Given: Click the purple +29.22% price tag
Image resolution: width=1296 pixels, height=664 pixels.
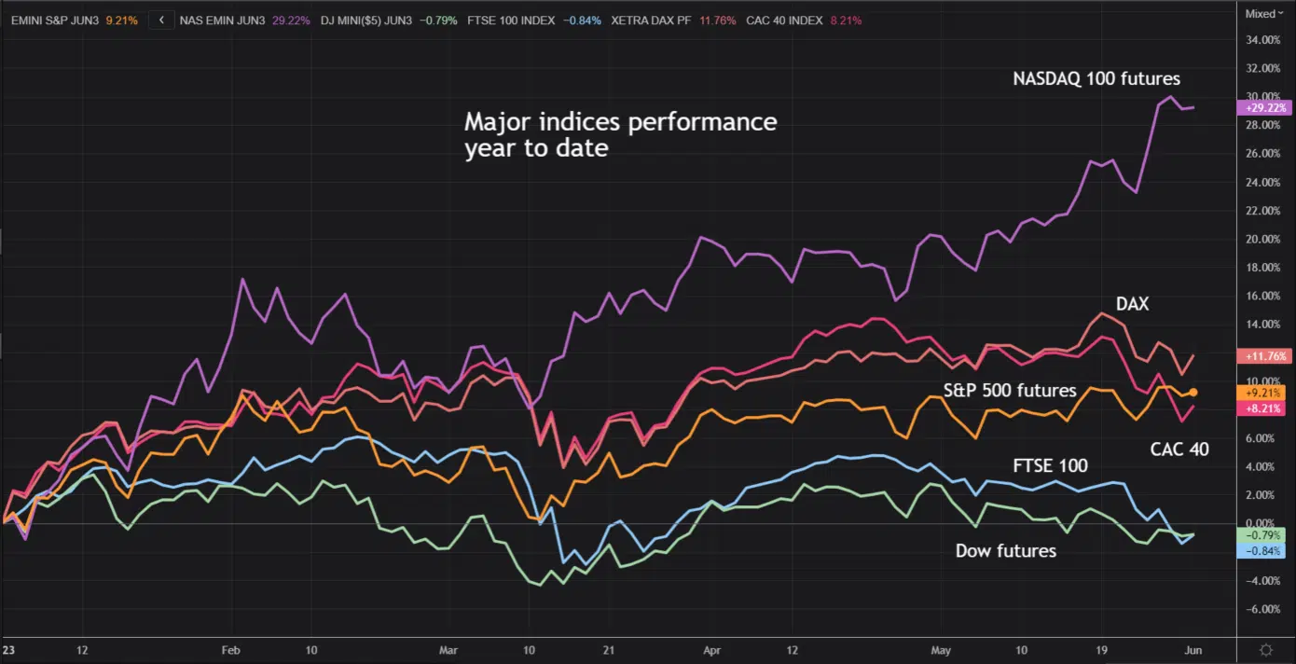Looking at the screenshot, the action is [x=1264, y=107].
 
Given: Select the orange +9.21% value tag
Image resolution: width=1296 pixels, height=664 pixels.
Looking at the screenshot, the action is [x=1261, y=393].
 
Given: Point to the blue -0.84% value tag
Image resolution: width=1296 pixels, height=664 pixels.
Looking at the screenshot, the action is [x=1261, y=551].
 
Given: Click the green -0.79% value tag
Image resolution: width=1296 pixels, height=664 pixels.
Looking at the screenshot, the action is [x=1261, y=535].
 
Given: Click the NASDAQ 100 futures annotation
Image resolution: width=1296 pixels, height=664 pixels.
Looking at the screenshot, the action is [x=1096, y=78].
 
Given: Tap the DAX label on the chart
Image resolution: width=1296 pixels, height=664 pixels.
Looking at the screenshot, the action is [x=1132, y=304].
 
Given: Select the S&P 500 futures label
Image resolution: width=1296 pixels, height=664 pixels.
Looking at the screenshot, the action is [x=1010, y=390].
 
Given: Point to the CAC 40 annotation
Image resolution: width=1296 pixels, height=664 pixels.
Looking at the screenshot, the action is [x=1179, y=450].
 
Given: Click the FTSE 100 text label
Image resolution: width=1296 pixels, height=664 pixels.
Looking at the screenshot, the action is [x=1050, y=465].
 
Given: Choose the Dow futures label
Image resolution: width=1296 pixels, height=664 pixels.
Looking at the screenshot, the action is [x=1005, y=550].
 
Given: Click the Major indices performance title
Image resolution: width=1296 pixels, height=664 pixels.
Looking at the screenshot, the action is [x=621, y=135].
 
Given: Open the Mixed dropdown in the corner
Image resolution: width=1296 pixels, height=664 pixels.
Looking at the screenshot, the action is [x=1264, y=14].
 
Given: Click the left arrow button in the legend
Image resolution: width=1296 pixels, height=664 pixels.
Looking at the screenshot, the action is [x=161, y=21].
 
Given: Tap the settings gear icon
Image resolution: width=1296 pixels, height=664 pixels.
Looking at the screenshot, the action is [x=1266, y=650].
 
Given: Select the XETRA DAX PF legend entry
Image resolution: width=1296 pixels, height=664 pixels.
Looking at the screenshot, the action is [x=673, y=21].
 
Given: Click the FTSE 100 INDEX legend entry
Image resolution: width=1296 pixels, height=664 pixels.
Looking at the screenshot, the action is [x=534, y=21].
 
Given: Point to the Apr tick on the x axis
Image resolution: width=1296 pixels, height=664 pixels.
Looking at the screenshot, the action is [x=711, y=650].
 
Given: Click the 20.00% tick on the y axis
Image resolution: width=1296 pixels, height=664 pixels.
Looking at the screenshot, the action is [x=1263, y=239].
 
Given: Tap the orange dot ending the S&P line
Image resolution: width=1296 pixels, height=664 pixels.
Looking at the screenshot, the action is [x=1193, y=393].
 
